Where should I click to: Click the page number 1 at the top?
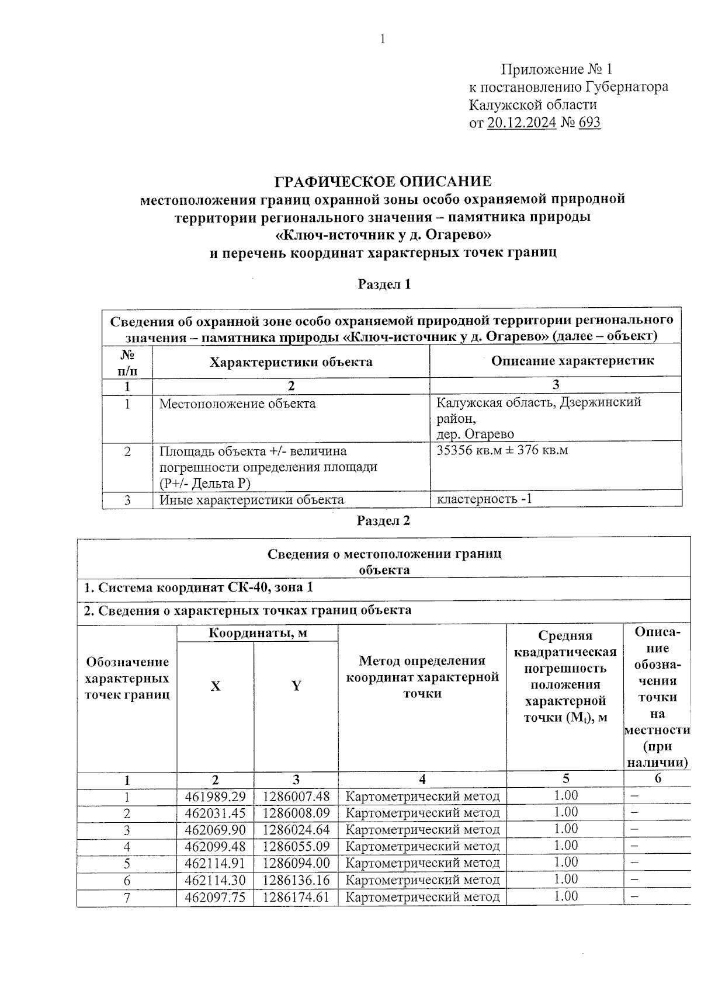[383, 40]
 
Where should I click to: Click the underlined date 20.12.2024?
[521, 123]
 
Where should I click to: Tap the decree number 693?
[589, 123]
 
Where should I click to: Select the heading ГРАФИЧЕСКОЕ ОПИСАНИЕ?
[383, 181]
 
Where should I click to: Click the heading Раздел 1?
[384, 284]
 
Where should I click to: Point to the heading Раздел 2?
[383, 521]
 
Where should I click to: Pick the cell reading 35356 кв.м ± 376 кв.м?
[502, 450]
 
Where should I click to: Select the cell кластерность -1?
[484, 499]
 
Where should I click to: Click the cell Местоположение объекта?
[237, 404]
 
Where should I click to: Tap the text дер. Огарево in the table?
[475, 434]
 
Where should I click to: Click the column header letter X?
[216, 686]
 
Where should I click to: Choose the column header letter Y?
[296, 686]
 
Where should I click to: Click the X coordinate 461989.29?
[215, 797]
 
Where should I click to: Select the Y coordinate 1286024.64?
[296, 830]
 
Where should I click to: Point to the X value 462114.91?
[215, 863]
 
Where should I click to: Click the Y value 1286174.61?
[296, 897]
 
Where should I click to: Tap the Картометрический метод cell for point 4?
[422, 846]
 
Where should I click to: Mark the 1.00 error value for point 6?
[565, 879]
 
